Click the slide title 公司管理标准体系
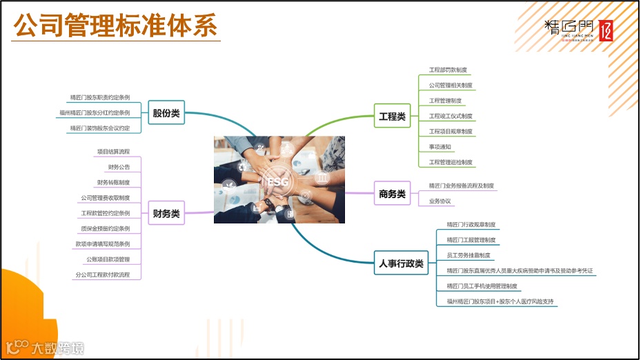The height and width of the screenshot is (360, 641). pyautogui.click(x=116, y=26)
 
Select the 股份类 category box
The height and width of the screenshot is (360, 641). pyautogui.click(x=166, y=113)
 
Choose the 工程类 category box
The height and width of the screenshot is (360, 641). pyautogui.click(x=392, y=117)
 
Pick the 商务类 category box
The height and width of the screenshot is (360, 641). pyautogui.click(x=392, y=194)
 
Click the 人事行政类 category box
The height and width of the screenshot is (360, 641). pyautogui.click(x=401, y=263)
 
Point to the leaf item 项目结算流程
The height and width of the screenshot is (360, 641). pyautogui.click(x=113, y=151)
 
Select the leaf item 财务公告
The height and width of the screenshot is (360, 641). pyautogui.click(x=119, y=167)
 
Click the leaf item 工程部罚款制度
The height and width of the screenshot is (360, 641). pyautogui.click(x=448, y=70)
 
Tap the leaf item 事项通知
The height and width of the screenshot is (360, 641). pyautogui.click(x=440, y=147)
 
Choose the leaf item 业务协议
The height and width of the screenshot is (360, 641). pyautogui.click(x=440, y=201)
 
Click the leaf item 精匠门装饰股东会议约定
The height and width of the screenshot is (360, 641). pyautogui.click(x=100, y=128)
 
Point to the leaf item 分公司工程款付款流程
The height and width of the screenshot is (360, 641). pyautogui.click(x=103, y=274)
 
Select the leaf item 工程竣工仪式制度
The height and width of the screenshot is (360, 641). pyautogui.click(x=451, y=116)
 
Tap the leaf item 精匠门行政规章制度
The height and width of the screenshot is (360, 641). pyautogui.click(x=471, y=224)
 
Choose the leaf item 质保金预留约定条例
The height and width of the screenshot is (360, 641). pyautogui.click(x=106, y=228)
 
